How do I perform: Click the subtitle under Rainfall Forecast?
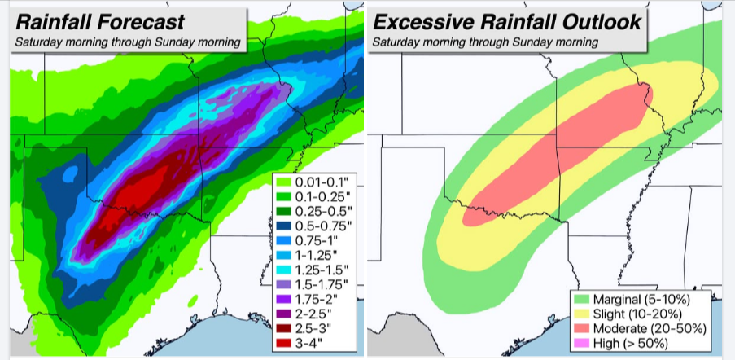(126, 42)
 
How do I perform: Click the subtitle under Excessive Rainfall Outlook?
(485, 42)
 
